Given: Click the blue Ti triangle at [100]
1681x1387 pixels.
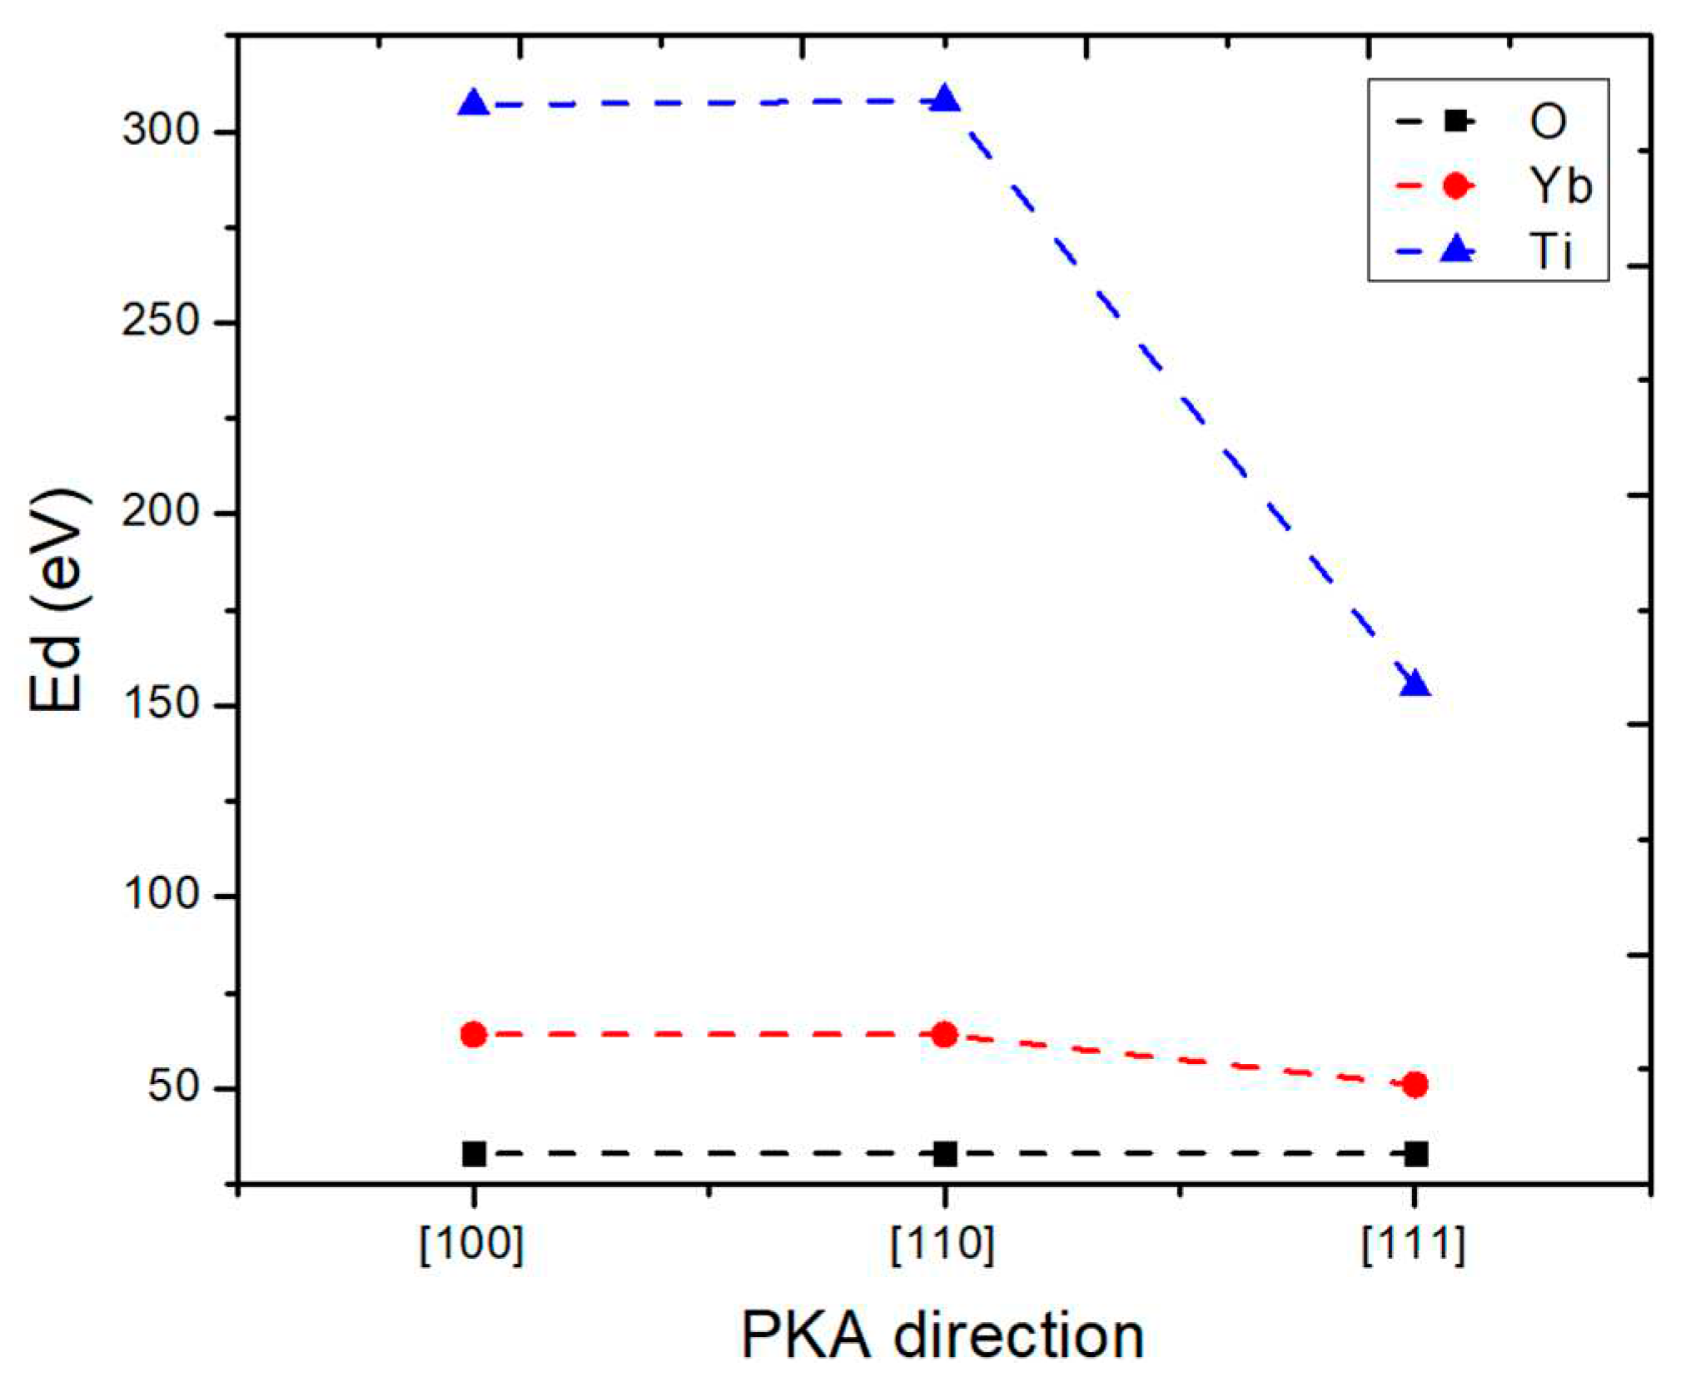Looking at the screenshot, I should click(474, 104).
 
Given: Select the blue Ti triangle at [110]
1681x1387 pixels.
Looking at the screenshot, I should click(944, 100).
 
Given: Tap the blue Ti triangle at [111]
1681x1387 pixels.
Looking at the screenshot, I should click(1415, 684).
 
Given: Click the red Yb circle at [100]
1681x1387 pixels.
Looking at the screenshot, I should click(474, 1035).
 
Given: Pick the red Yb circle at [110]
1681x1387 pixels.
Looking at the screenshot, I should click(944, 1035).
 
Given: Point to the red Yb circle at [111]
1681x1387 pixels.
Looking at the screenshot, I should click(1415, 1085).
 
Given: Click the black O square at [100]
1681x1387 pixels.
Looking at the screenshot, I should click(474, 1154).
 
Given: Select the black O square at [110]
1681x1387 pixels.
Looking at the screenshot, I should click(944, 1154).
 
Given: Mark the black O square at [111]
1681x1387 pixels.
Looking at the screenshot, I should click(1415, 1154).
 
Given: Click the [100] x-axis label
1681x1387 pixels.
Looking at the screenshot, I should click(472, 1245).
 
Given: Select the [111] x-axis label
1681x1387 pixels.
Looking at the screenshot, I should click(1413, 1245).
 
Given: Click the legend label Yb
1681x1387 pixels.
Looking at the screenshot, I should click(1559, 185).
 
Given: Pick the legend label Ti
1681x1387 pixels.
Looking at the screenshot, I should click(1550, 250).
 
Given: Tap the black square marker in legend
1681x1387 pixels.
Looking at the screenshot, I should click(1455, 122).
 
